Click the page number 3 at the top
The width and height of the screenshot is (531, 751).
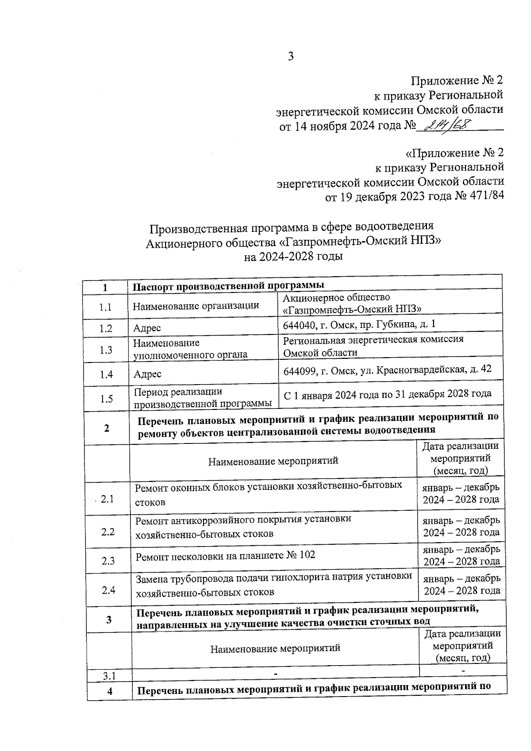(x=291, y=57)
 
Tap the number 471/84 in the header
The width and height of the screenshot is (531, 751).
(x=484, y=196)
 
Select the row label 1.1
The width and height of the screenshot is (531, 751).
(x=105, y=307)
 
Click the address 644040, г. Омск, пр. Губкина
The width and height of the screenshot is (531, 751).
(x=359, y=324)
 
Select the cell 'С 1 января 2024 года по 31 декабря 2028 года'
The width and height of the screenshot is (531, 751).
(x=387, y=393)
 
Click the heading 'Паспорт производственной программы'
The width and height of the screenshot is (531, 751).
(x=229, y=285)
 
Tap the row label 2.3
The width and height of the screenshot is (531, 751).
(x=108, y=561)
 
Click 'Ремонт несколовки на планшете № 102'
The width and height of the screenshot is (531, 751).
(x=225, y=555)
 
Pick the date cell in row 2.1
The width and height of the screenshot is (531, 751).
(x=461, y=493)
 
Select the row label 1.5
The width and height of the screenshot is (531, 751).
(x=106, y=399)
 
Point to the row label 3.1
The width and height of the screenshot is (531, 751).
(x=109, y=676)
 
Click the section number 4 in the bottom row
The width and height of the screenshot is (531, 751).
(x=109, y=691)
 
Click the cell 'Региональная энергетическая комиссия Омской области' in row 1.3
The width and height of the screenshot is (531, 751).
(x=373, y=346)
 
